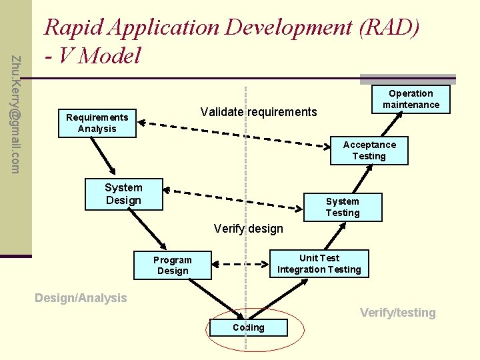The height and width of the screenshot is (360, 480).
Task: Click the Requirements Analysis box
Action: (x=97, y=123)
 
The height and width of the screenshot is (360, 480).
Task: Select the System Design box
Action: (x=124, y=194)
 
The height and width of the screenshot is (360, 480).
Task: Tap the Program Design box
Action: (x=173, y=265)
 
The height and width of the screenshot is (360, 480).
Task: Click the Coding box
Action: (x=249, y=327)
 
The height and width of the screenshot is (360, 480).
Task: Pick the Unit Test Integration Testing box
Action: (x=319, y=263)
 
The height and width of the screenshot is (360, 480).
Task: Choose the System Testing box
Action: (x=342, y=207)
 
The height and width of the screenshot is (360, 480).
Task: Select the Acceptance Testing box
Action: (x=369, y=150)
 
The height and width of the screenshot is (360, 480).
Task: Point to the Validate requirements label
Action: (x=259, y=111)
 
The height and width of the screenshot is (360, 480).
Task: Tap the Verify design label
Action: (x=248, y=229)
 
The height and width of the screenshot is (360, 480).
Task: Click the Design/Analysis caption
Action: (x=80, y=298)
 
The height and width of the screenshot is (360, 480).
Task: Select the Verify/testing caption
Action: (x=397, y=312)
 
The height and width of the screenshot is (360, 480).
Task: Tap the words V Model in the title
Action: (x=100, y=55)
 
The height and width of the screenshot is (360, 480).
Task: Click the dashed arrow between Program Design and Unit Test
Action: (x=241, y=262)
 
